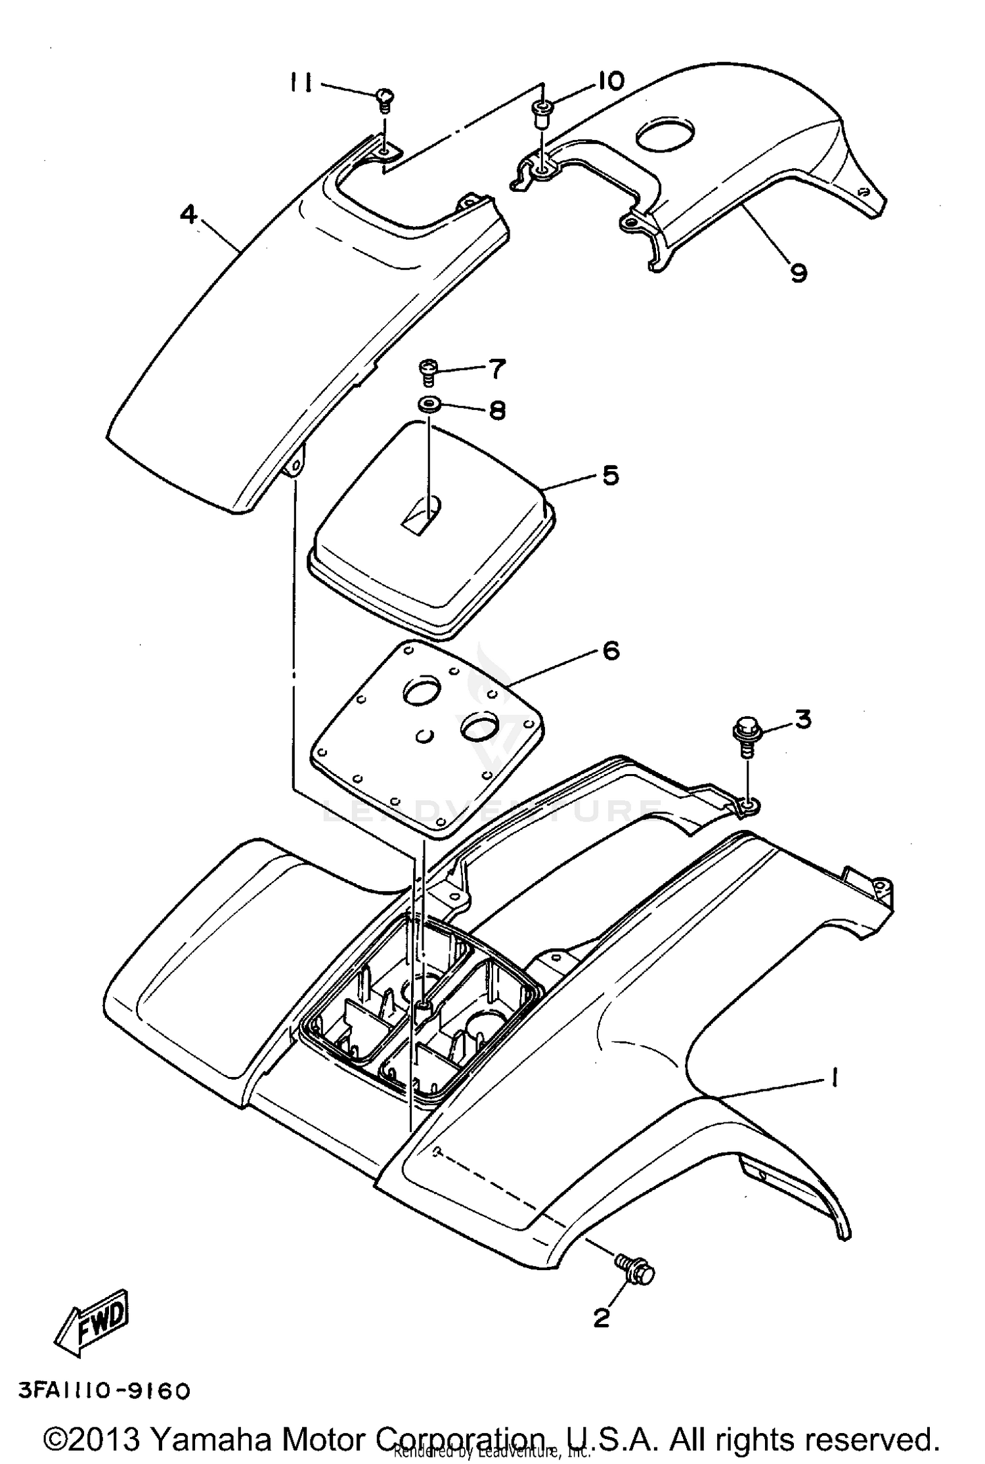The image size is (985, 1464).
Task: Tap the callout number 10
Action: pyautogui.click(x=609, y=81)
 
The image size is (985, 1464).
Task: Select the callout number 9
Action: pyautogui.click(x=798, y=271)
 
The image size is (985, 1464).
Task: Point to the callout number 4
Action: pyautogui.click(x=188, y=214)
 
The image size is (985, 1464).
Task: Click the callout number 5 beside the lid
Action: pyautogui.click(x=610, y=474)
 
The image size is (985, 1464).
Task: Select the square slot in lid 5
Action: pyautogui.click(x=420, y=510)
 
